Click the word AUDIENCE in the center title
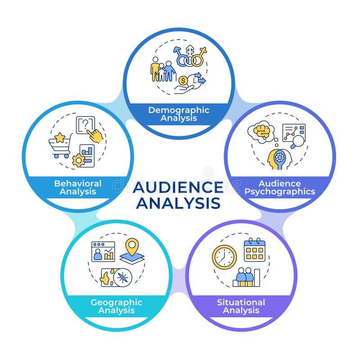(178, 187)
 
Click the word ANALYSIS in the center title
(178, 203)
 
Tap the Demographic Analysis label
(179, 114)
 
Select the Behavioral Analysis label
(78, 187)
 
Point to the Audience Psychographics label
(279, 187)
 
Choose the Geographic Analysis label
(116, 306)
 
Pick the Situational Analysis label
(241, 306)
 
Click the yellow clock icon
(224, 257)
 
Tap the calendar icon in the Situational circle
(254, 250)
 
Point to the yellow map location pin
(131, 247)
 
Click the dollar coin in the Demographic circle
(183, 81)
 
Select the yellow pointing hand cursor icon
(95, 135)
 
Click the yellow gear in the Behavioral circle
(79, 160)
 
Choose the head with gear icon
(279, 159)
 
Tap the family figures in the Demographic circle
(162, 70)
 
